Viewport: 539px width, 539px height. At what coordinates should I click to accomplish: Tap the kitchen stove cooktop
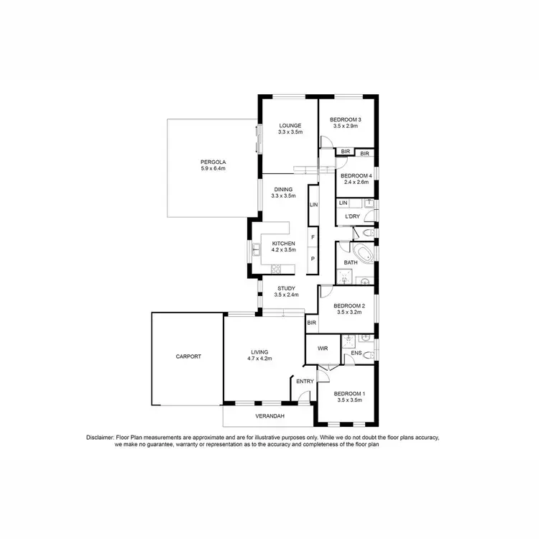[x=275, y=268]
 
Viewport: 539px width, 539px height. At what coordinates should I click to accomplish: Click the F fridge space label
[x=313, y=236]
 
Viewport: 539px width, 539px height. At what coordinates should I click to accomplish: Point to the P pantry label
[x=313, y=259]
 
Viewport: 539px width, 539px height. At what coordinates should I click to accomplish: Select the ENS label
[x=356, y=354]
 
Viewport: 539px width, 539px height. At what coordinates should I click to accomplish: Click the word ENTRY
[x=305, y=382]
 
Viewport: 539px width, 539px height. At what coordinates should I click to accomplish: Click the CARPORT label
[x=188, y=356]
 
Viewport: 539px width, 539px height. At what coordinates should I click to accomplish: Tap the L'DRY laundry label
[x=352, y=216]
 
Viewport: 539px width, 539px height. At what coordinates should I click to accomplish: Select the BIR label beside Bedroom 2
[x=311, y=323]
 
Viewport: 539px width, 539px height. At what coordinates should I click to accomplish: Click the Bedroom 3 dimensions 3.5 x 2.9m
[x=346, y=126]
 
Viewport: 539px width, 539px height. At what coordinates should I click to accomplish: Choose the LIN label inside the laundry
[x=344, y=203]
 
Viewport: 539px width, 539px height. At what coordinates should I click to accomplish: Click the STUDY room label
[x=286, y=288]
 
